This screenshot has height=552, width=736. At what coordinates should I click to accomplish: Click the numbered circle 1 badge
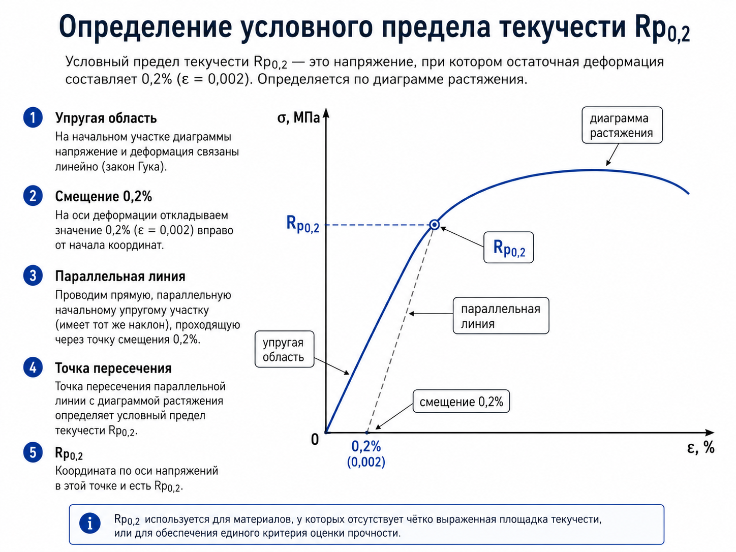(x=33, y=117)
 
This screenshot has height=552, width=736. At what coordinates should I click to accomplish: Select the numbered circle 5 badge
(x=33, y=452)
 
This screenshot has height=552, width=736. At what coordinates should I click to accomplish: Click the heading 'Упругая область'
(x=106, y=118)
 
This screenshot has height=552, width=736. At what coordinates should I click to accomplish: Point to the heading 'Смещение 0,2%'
(x=104, y=196)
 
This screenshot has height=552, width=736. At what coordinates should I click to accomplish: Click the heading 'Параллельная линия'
(x=120, y=276)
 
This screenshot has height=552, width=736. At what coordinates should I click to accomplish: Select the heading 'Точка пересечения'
(x=113, y=368)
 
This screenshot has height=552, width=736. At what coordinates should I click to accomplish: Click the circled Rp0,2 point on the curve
(x=434, y=225)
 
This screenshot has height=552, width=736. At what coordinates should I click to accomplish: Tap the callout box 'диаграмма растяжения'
(x=622, y=125)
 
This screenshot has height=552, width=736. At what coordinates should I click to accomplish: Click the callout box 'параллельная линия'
(x=501, y=315)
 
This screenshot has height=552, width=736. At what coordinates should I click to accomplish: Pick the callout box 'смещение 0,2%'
(x=461, y=401)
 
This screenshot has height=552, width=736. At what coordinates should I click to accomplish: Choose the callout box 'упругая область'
(x=284, y=349)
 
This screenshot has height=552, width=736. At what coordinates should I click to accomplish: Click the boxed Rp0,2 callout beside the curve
(x=508, y=248)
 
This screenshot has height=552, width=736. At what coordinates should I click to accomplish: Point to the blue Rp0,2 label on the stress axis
(x=302, y=224)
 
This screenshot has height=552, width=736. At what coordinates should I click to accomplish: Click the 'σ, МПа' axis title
(x=298, y=117)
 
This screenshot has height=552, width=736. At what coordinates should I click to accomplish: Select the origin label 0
(x=315, y=439)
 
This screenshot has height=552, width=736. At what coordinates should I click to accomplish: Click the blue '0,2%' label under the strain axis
(x=366, y=446)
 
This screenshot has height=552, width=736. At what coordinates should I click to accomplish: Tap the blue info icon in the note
(x=90, y=523)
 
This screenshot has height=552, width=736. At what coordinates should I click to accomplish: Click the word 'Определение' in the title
(x=145, y=27)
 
